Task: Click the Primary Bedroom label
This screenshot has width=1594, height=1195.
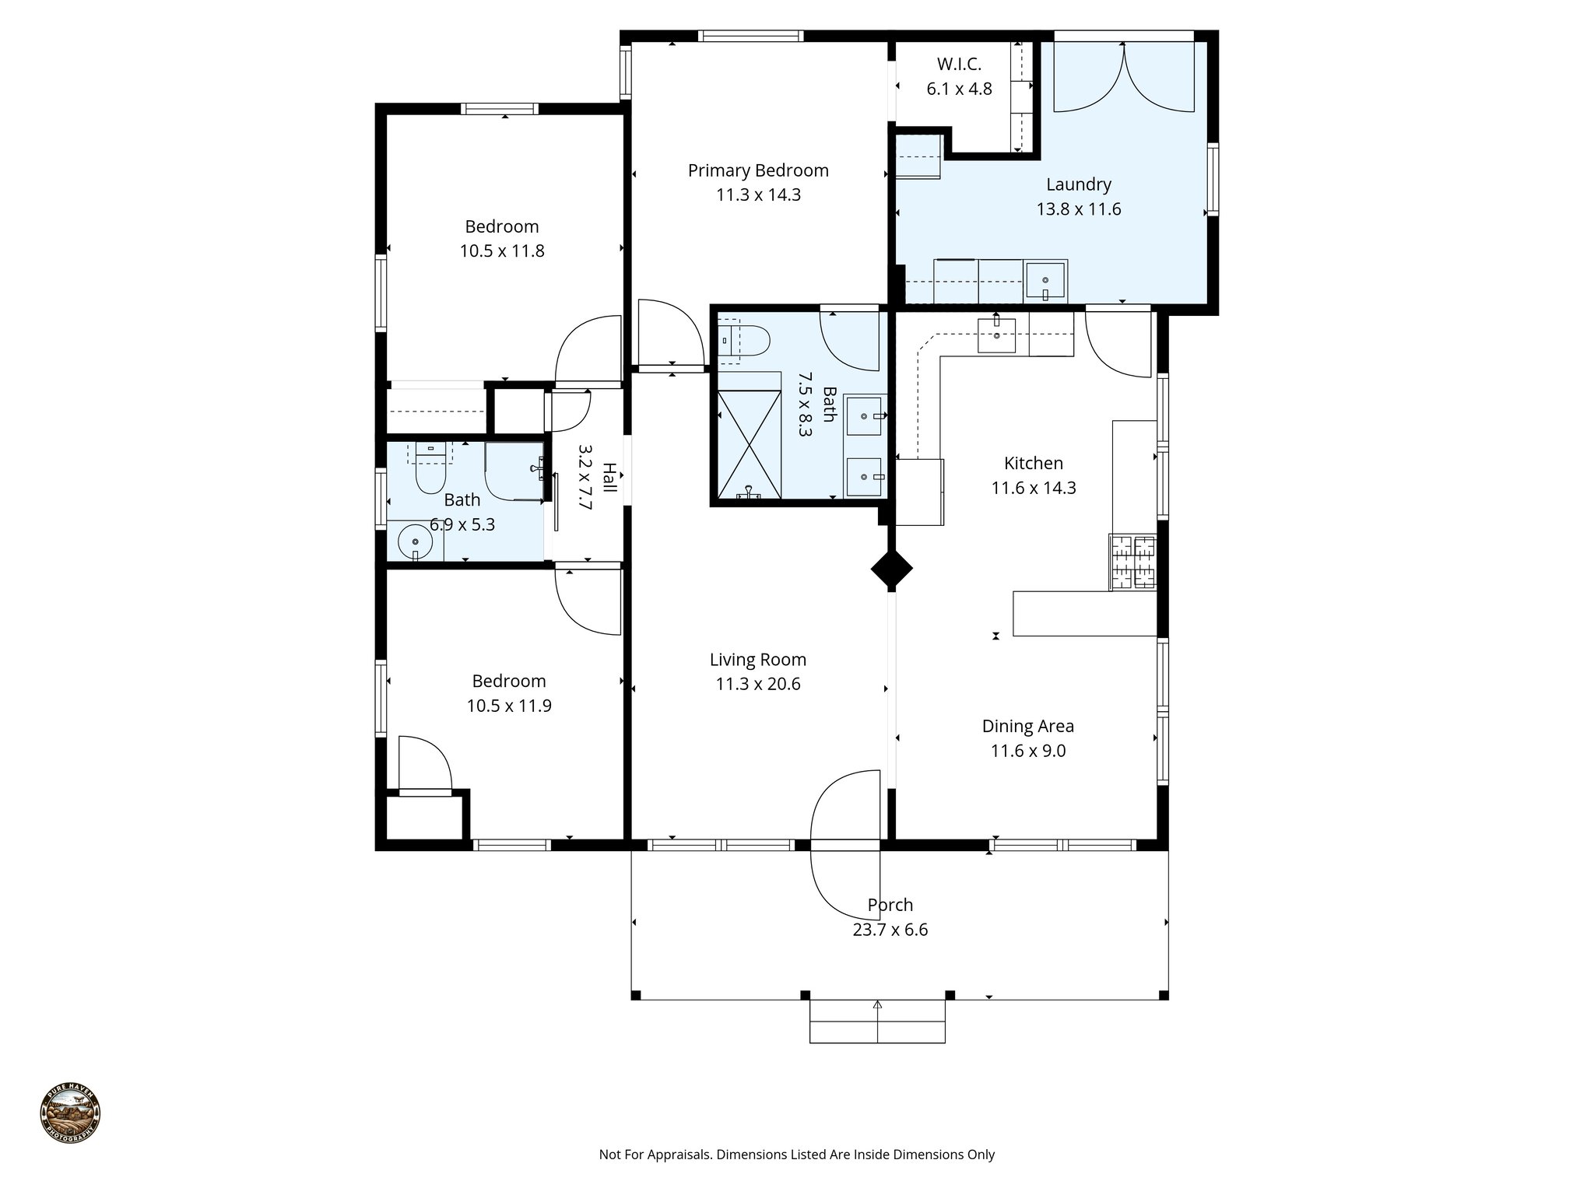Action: [x=758, y=170]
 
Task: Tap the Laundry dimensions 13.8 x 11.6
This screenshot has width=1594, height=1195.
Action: [x=1079, y=209]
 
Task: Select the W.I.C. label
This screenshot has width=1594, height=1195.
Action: [x=959, y=65]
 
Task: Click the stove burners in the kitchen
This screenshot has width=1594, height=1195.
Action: [x=1133, y=562]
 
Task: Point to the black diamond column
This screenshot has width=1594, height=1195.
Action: [x=891, y=570]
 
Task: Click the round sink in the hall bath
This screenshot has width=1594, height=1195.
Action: [x=416, y=541]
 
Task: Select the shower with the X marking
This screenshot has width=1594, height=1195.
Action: [x=749, y=443]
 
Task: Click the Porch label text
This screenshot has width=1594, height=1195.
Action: [x=890, y=905]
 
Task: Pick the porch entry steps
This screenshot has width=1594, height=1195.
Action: [x=877, y=1022]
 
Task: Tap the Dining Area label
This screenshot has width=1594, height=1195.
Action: [x=1028, y=726]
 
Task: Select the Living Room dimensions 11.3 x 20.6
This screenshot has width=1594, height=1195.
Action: [x=758, y=685]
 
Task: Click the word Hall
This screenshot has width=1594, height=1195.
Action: [x=609, y=478]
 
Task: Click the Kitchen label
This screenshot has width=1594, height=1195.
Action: [x=1034, y=463]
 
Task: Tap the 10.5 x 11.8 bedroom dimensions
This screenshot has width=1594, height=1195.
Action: [x=502, y=251]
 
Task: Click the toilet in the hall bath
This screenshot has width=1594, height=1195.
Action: [x=430, y=469]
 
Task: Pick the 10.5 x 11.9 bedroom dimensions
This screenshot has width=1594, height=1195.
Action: [x=509, y=706]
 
